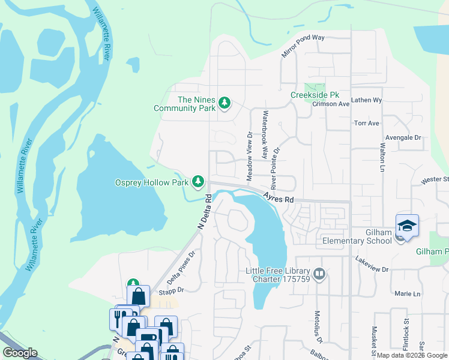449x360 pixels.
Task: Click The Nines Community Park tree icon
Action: pyautogui.click(x=224, y=103)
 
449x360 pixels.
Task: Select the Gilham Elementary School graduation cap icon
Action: pyautogui.click(x=406, y=226)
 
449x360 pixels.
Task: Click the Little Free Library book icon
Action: pyautogui.click(x=319, y=274)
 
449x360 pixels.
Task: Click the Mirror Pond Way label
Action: pyautogui.click(x=303, y=46)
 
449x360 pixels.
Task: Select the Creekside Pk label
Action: pyautogui.click(x=315, y=95)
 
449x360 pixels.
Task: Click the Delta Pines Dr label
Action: pyautogui.click(x=181, y=268)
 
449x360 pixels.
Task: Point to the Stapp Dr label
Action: pyautogui.click(x=170, y=289)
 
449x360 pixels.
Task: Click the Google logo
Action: pyautogui.click(x=20, y=353)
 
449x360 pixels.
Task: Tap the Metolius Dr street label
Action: pyautogui.click(x=319, y=324)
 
